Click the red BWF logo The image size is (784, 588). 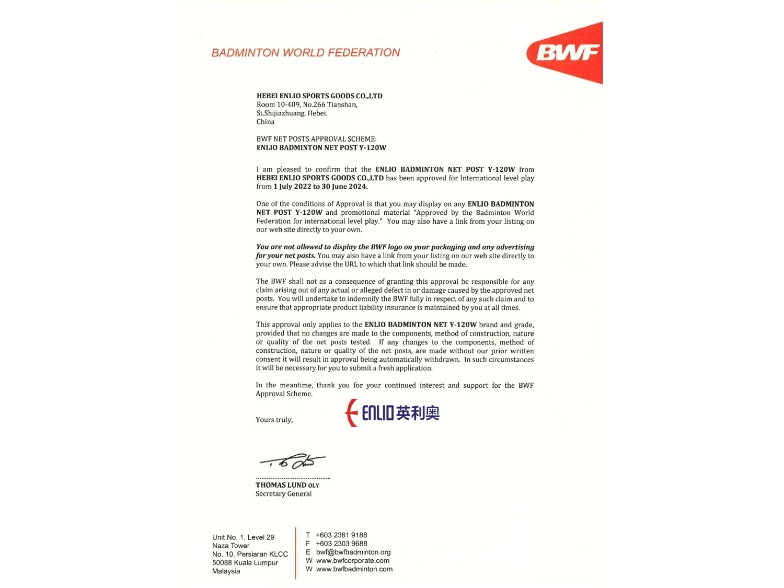[567, 52]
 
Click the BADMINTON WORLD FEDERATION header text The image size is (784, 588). [306, 53]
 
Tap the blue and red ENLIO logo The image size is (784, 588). [393, 413]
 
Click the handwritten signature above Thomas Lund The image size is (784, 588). [293, 462]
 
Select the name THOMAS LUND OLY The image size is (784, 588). [287, 485]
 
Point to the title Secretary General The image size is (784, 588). [283, 494]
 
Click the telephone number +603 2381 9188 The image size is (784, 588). [341, 535]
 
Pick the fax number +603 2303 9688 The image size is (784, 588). [341, 544]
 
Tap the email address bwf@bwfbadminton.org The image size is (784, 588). [353, 552]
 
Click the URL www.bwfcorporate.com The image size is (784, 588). [353, 561]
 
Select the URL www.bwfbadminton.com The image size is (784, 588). [354, 569]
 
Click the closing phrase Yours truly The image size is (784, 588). [274, 420]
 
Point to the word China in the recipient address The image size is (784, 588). [266, 122]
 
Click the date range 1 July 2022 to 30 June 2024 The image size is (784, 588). [320, 187]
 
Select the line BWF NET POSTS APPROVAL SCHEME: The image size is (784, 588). [316, 139]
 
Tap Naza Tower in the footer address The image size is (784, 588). [230, 546]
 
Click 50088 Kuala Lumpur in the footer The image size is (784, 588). [245, 563]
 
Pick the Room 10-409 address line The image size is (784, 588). [307, 105]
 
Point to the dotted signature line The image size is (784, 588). [293, 478]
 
